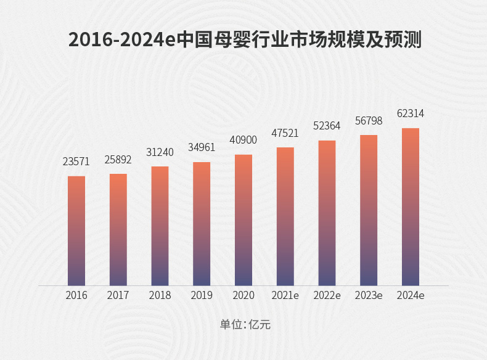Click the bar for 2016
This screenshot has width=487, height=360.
coord(76,231)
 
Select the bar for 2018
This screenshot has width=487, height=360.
coord(160,226)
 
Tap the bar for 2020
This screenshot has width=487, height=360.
coord(243,220)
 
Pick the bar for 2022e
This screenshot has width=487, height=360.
coord(327,213)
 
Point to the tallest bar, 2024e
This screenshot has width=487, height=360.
coord(411,207)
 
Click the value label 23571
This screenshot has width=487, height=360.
coord(76,162)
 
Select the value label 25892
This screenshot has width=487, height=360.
coord(118,159)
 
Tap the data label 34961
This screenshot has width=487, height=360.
coord(202,147)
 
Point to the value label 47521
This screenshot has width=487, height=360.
coord(285,133)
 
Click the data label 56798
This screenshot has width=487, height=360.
coord(369,121)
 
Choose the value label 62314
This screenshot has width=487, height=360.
coord(411,114)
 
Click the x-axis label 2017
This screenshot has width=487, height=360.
coord(118,295)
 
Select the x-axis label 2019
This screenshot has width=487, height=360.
coord(202,295)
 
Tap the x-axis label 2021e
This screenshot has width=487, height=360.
coord(285,295)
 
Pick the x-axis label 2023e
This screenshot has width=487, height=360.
coord(369,295)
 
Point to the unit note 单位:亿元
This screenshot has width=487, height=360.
coord(243,324)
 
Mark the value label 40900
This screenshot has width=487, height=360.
coord(243,140)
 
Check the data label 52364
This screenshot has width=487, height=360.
coord(327,126)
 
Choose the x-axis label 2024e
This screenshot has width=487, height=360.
coord(411,295)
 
